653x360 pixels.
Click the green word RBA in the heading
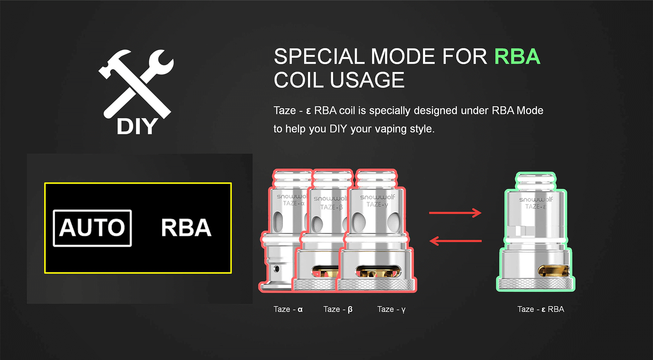coord(517,56)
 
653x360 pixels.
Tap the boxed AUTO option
coord(92,228)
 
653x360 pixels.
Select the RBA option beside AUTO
coord(186,228)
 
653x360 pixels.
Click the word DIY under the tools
coord(137,127)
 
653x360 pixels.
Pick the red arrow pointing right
coord(455,213)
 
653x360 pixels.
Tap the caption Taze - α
coord(288,309)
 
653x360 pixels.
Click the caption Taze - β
coord(338,309)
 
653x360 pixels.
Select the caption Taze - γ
coord(391,309)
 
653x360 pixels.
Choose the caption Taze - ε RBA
coord(540,309)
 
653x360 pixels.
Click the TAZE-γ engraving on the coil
coord(377,204)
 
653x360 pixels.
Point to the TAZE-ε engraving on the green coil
coord(536,206)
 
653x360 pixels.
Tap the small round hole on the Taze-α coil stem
coord(277,269)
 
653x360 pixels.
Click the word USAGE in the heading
coord(367,80)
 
